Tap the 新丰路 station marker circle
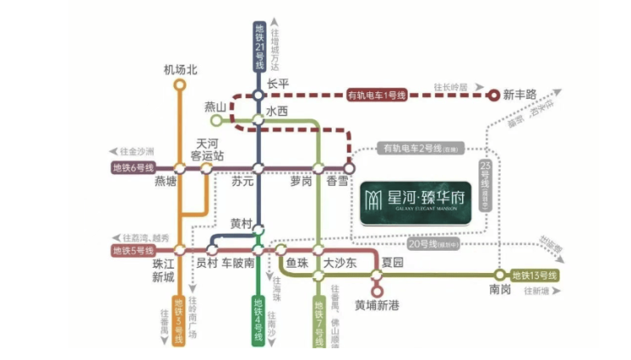coord(493,95)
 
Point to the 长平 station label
coord(278,84)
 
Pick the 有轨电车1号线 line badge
coord(382,95)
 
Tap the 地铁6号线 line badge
coord(132,167)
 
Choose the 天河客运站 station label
coord(207,150)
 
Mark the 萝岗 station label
coord(301,182)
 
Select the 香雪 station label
coord(337,182)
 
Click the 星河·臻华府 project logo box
coord(414,201)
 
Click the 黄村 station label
coord(241,224)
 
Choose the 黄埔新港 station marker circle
coord(377,291)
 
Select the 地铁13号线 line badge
coord(534,276)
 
